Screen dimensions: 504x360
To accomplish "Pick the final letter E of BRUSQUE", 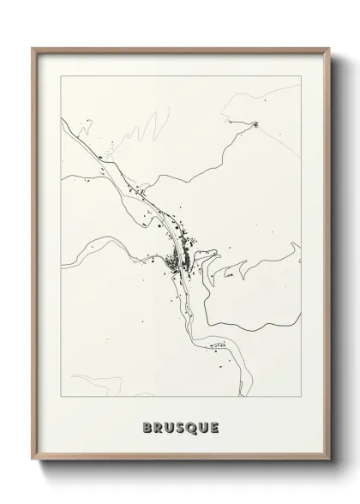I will coord(215,426).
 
